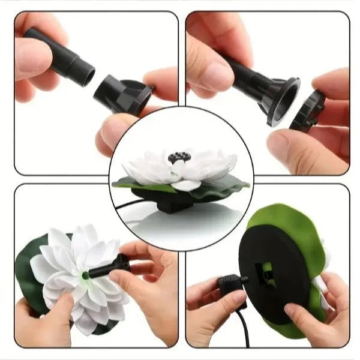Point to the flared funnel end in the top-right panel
click(287, 99)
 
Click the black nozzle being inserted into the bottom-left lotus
click(111, 266)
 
